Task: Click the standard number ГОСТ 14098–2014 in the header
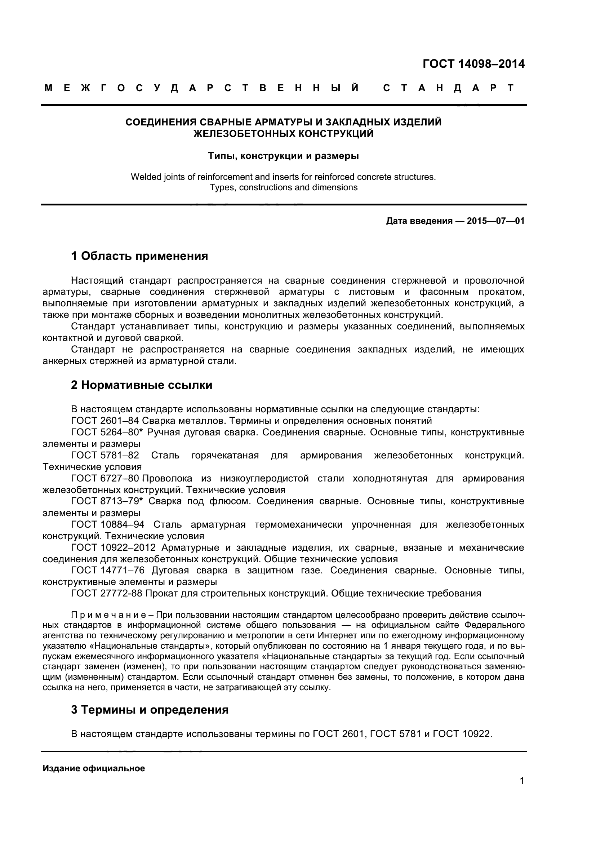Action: (473, 64)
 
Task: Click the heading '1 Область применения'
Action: (139, 256)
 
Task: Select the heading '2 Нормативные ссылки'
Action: (142, 385)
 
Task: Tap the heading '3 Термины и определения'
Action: (150, 710)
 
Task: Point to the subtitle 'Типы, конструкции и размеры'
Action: (283, 156)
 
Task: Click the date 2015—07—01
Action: (495, 221)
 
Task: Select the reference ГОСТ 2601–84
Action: (105, 421)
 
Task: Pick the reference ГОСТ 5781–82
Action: (105, 456)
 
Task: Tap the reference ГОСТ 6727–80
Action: (105, 479)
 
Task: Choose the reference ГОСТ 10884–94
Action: (107, 525)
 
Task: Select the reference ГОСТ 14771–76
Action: (107, 571)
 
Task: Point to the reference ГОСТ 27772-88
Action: (106, 593)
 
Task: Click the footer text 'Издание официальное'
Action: (94, 768)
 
